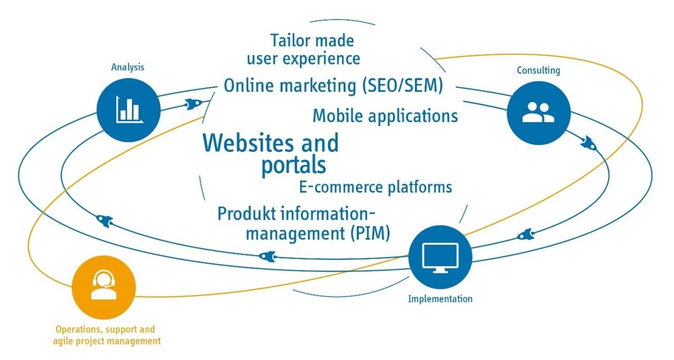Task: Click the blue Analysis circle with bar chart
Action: [x=128, y=110]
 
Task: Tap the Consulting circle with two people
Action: [x=539, y=113]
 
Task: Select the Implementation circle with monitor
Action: [x=440, y=257]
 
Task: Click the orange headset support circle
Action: [x=104, y=287]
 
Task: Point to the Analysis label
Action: [x=127, y=67]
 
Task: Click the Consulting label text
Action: [x=538, y=71]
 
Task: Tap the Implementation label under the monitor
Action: [x=440, y=299]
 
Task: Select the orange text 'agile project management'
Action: [x=107, y=342]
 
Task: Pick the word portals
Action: [x=294, y=165]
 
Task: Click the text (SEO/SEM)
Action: [x=402, y=85]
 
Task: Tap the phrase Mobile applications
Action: [x=385, y=116]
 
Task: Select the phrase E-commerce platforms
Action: [x=375, y=187]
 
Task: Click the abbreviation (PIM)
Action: [x=370, y=233]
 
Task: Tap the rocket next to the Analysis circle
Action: [x=193, y=104]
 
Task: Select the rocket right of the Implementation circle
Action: [x=526, y=235]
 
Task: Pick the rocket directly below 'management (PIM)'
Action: [x=267, y=256]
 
